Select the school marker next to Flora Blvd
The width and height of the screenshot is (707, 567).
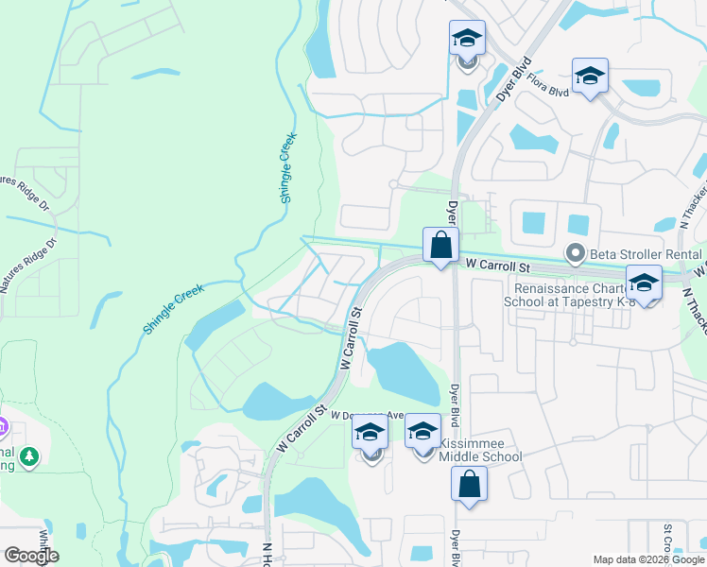pos(590,76)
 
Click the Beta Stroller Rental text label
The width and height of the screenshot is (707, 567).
pos(643,253)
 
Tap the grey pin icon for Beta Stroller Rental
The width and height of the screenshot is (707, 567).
pos(573,253)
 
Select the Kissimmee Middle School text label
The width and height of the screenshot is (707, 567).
pos(482,450)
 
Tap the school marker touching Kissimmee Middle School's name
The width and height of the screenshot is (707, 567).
pos(422,434)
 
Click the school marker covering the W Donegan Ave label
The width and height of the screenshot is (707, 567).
pos(371,434)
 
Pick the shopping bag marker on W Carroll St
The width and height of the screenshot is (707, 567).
pos(440,245)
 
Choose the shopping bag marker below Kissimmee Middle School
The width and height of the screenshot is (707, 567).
pos(469,485)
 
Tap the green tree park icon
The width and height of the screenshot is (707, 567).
pos(30,457)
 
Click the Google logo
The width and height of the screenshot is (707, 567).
pos(30,556)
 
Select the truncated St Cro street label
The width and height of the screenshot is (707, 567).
pos(667,539)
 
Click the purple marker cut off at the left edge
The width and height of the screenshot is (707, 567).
pos(3,427)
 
